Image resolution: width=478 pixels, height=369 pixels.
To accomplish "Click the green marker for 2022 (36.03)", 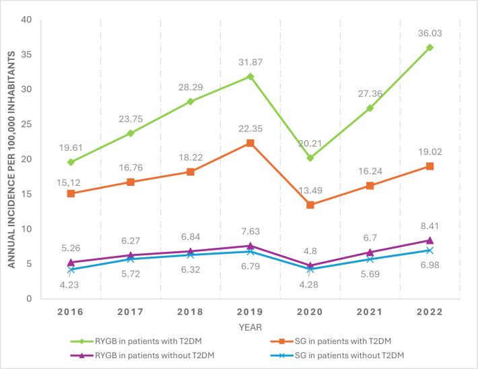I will click(430, 47).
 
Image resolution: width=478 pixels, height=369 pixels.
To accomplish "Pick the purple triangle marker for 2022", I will click(430, 240).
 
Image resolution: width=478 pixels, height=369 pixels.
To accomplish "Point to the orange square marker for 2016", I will click(71, 193).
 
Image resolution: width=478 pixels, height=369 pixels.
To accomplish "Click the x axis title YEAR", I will click(250, 326).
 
